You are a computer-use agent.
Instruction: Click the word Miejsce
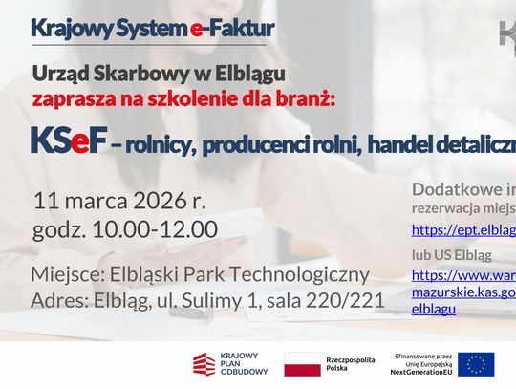point(68,275)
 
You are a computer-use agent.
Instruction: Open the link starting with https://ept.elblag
point(463,229)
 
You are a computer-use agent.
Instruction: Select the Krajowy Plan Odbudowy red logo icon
point(204,364)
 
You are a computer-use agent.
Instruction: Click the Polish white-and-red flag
point(302,364)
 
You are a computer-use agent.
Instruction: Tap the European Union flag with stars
point(476,364)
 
